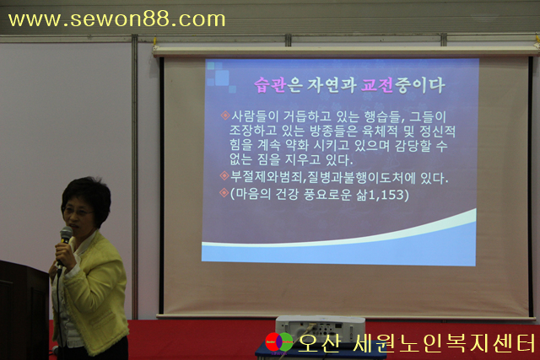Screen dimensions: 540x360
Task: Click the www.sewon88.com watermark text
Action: [x=116, y=19]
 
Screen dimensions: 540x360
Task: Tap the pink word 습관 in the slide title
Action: [x=270, y=85]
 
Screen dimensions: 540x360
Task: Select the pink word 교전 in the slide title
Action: [x=377, y=85]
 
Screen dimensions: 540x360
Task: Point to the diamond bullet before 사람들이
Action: [x=225, y=116]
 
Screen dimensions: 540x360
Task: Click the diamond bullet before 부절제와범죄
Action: [x=224, y=176]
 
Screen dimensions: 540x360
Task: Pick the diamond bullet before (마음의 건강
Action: [x=224, y=193]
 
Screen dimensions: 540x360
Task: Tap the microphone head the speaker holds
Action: [x=66, y=234]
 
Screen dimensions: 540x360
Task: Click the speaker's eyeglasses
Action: [x=78, y=212]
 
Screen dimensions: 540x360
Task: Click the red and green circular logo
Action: [x=279, y=342]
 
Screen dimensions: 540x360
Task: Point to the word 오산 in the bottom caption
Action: [x=319, y=343]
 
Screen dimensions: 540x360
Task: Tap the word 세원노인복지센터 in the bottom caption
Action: [x=444, y=343]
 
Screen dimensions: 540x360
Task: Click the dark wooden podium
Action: [x=24, y=310]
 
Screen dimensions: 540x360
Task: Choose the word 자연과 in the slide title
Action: [x=331, y=85]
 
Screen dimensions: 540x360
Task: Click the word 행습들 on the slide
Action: [x=381, y=116]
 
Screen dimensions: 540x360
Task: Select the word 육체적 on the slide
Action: [x=380, y=132]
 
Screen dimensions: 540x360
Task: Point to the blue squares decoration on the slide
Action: [x=219, y=77]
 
